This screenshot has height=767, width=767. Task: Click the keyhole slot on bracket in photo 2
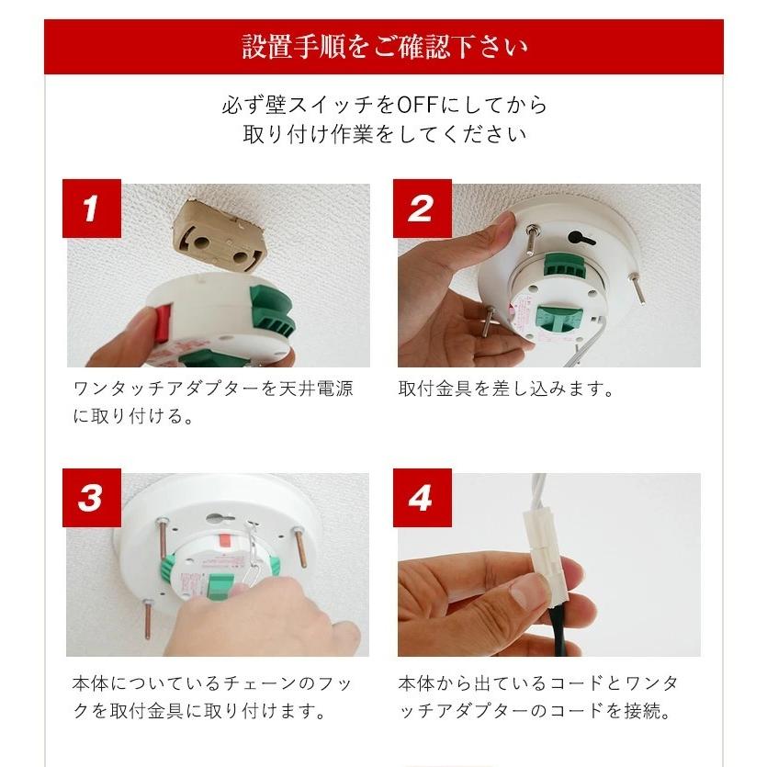578,238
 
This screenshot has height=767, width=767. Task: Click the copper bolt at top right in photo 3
301,544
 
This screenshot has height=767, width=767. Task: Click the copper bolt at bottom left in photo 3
148,617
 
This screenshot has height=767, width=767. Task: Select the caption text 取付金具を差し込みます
505,389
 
